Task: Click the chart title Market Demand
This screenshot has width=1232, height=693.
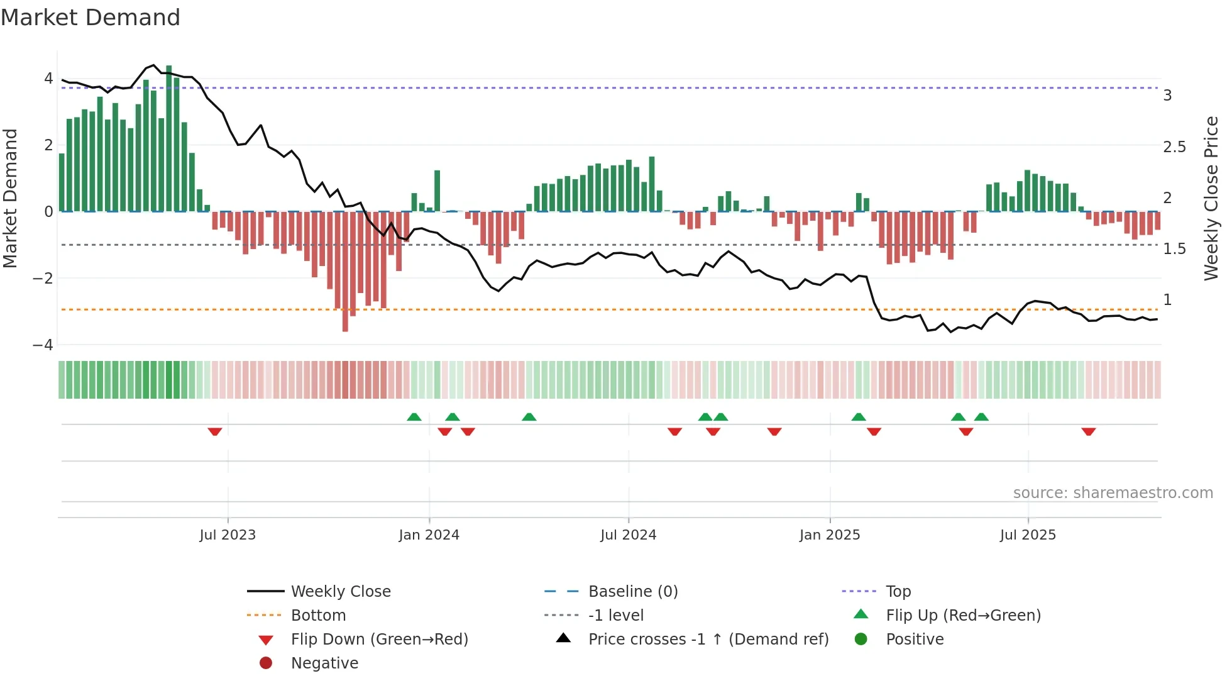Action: point(91,18)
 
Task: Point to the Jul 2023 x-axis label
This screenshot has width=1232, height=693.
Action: point(228,535)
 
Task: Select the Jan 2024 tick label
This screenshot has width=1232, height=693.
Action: point(429,535)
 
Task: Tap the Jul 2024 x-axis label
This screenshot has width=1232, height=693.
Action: point(628,535)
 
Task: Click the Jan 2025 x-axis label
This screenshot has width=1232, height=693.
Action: point(830,535)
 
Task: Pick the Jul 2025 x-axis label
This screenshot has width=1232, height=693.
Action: point(1028,535)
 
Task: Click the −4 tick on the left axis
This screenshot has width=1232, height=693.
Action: point(43,345)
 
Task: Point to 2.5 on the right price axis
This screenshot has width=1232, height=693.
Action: point(1174,147)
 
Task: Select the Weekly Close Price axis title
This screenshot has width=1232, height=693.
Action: point(1211,198)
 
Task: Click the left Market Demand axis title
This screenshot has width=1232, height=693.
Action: point(10,198)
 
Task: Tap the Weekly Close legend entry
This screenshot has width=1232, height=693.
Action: point(340,592)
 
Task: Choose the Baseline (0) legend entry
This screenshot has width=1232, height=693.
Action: point(632,592)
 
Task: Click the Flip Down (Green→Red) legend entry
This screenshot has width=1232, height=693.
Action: point(379,640)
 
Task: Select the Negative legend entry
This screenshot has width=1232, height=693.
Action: point(324,663)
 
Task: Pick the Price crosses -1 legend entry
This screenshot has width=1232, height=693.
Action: point(708,640)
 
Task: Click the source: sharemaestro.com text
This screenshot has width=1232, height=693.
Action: point(1113,493)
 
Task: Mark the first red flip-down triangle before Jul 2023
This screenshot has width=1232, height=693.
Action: point(215,431)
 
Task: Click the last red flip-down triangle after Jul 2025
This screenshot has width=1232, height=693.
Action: point(1089,431)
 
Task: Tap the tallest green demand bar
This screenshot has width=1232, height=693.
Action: point(168,138)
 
